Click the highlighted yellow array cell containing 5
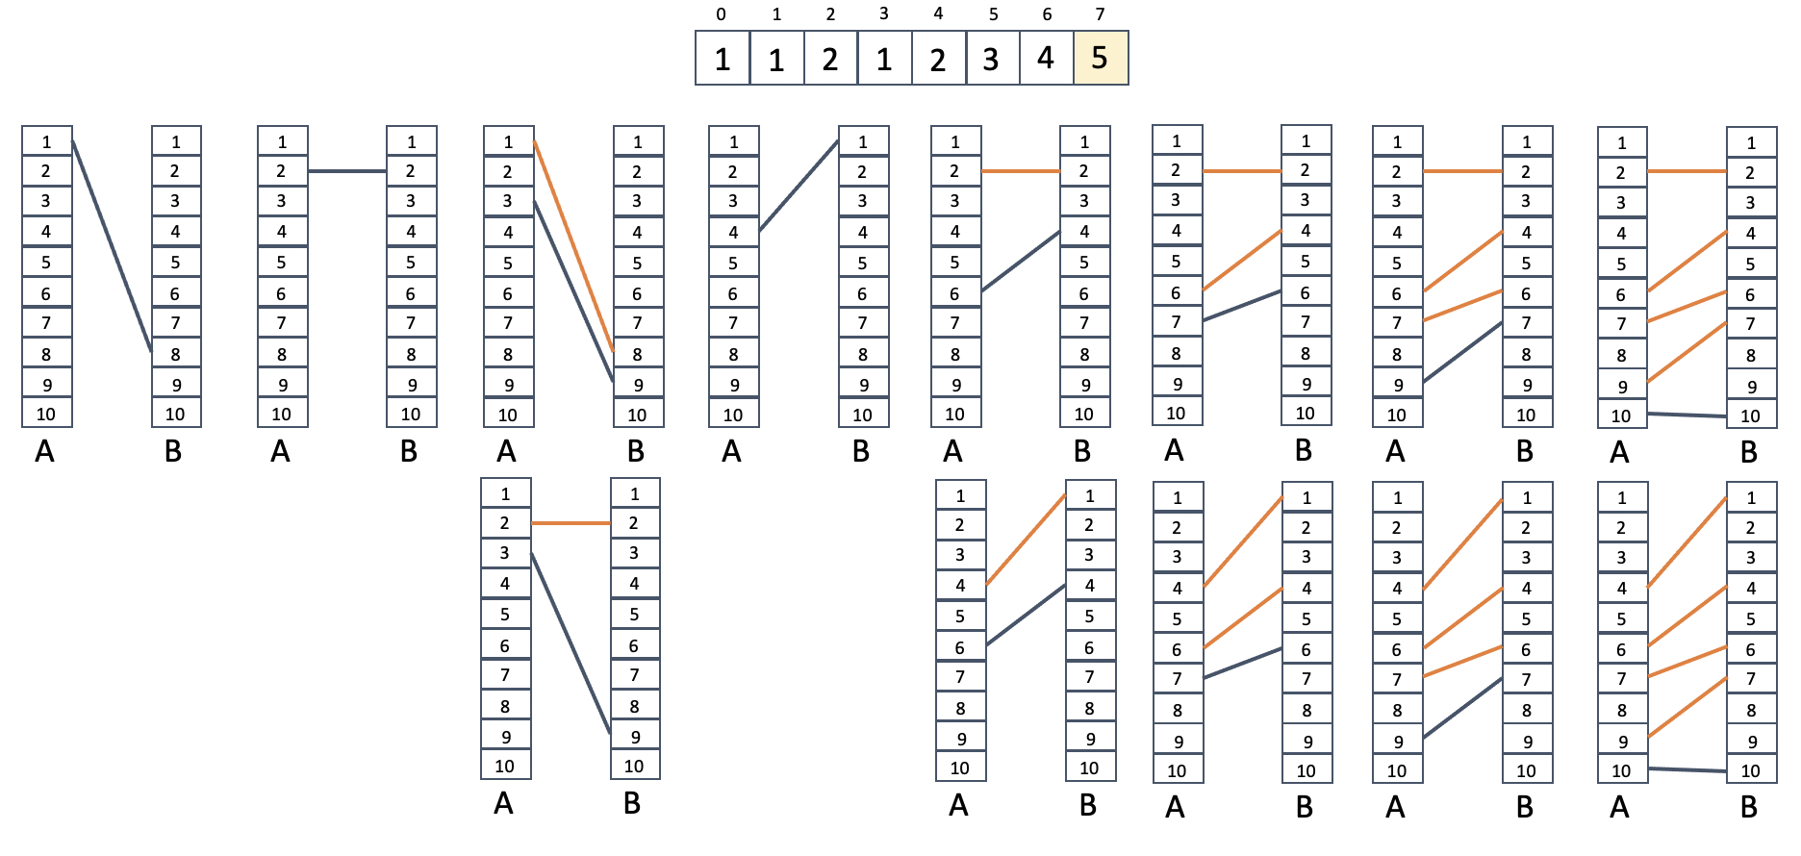(x=1101, y=59)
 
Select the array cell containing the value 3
(x=992, y=59)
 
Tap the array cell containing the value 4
(x=1046, y=59)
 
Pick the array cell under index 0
(x=723, y=59)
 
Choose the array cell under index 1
(x=776, y=59)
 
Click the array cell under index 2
(x=830, y=59)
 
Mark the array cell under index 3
(x=884, y=59)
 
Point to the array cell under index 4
(x=938, y=59)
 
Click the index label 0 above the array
(x=722, y=14)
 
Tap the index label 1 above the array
(x=776, y=14)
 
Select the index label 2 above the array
(x=830, y=14)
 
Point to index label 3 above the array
(x=884, y=13)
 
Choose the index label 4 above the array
(x=938, y=13)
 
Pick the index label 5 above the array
(x=993, y=14)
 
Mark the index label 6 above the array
(x=1047, y=14)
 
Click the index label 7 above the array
(x=1101, y=14)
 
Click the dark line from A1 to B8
(x=112, y=247)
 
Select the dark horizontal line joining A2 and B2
(x=347, y=171)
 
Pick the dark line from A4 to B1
(x=799, y=187)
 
